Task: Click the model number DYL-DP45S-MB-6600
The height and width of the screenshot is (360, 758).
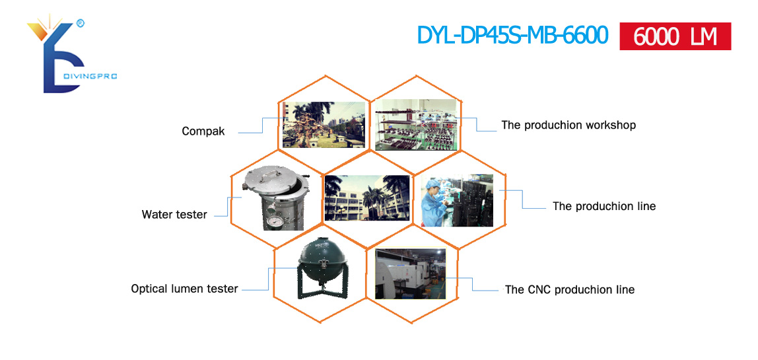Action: (512, 35)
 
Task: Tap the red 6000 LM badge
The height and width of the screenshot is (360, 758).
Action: (675, 36)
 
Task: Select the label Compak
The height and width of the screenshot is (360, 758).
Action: (203, 131)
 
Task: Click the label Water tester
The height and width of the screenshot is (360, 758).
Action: (174, 215)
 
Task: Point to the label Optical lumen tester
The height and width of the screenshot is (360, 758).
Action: (184, 289)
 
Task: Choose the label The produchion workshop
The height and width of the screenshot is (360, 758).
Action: (568, 125)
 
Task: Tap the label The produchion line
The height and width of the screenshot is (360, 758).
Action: (604, 206)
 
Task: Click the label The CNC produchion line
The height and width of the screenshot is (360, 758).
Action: (569, 290)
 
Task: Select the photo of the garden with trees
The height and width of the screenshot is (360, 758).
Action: (324, 124)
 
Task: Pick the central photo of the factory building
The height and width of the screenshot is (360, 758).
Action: (367, 198)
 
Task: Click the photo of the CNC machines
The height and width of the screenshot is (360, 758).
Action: (411, 274)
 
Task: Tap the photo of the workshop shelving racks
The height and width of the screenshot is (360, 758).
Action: (416, 125)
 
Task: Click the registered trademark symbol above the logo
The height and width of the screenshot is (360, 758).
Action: (81, 22)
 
